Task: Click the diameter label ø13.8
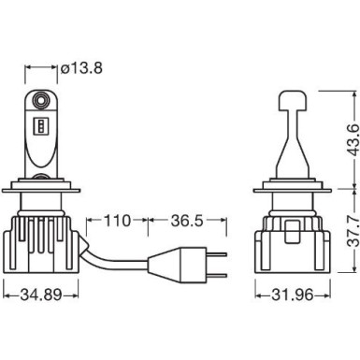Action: coord(85,67)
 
